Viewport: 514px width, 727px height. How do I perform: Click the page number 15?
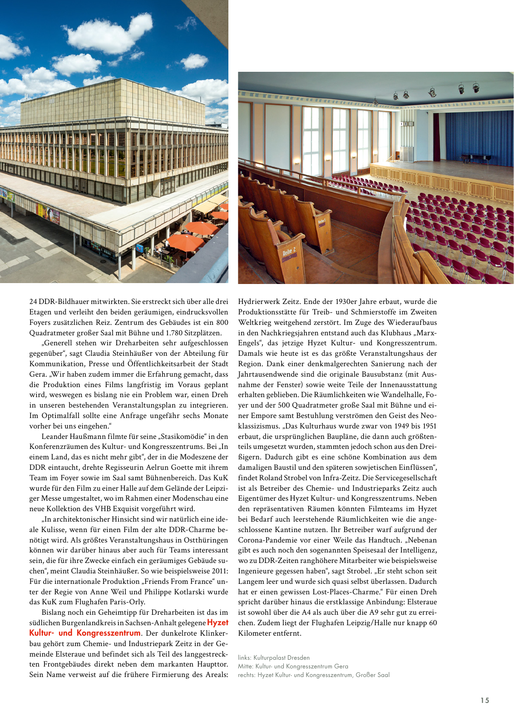[485, 700]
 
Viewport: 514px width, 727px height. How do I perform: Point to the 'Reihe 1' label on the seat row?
[321, 222]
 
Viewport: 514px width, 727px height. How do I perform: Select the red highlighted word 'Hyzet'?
[217, 622]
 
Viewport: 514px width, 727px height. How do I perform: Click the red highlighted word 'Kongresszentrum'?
[109, 633]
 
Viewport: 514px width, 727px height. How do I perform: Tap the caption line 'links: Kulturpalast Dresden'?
[274, 657]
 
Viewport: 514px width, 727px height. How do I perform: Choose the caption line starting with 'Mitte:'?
[293, 666]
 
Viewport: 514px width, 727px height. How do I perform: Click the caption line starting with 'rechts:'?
[313, 675]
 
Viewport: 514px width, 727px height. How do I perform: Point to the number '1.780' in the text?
[175, 333]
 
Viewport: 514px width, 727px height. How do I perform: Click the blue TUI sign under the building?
[140, 249]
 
